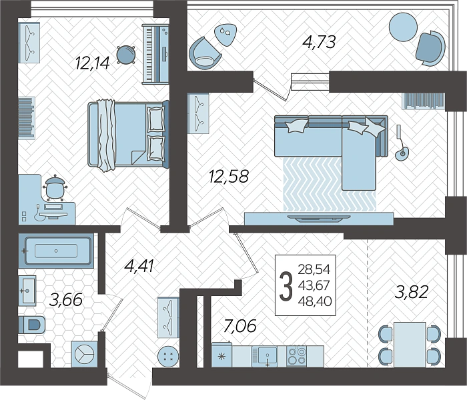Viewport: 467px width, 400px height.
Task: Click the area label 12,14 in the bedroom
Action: [x=91, y=63]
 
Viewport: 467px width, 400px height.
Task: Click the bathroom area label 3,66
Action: [x=65, y=299]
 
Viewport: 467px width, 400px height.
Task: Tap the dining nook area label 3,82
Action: [x=412, y=291]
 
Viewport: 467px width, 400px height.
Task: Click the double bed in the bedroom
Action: [x=127, y=134]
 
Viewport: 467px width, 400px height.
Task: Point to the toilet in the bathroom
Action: [x=32, y=325]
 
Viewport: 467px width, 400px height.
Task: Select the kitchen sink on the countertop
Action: [x=265, y=355]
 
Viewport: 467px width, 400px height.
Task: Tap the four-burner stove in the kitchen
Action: [x=296, y=355]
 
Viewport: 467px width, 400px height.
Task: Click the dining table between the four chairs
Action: [x=408, y=342]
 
